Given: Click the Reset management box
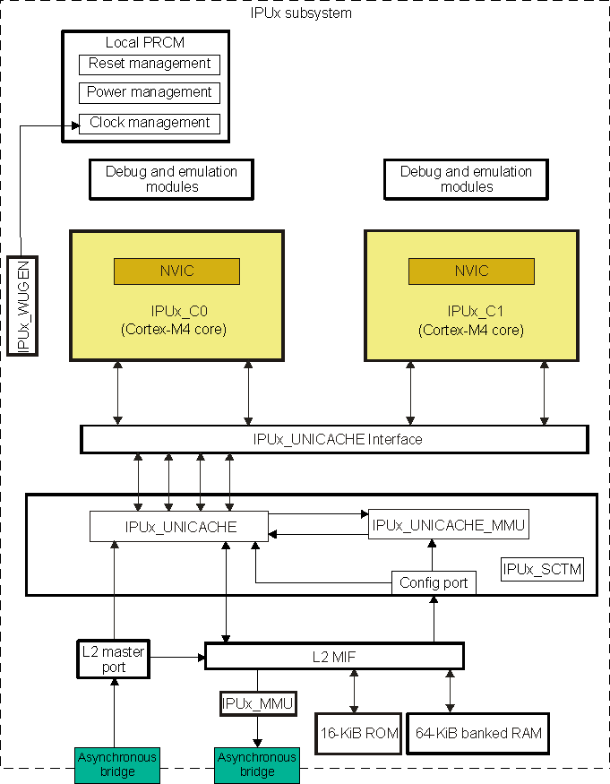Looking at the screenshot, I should (150, 64).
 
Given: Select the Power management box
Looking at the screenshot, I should (150, 92).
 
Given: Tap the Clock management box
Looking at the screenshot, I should (150, 123).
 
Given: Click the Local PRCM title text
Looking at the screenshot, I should (145, 42).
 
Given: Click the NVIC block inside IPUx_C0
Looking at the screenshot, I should (176, 271).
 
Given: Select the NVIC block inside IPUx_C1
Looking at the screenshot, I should (471, 271).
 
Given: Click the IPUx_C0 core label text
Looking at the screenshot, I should (176, 321).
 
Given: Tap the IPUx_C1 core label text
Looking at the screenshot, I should (471, 321).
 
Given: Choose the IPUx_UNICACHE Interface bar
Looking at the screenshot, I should (334, 439).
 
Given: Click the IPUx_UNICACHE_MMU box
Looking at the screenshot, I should (449, 524).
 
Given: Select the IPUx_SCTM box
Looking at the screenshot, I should (542, 569).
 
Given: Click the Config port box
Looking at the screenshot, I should (434, 582).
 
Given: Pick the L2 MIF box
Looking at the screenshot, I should (334, 656).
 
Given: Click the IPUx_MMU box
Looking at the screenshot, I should (258, 703).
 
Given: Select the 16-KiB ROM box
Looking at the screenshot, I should (357, 734).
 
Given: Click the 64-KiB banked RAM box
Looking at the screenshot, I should (478, 734).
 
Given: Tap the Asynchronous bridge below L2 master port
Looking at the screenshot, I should (117, 764).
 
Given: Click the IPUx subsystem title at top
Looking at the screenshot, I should (301, 13).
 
